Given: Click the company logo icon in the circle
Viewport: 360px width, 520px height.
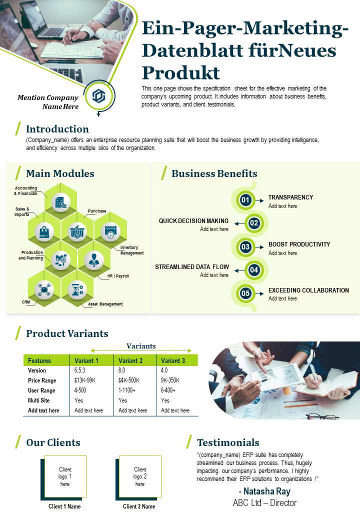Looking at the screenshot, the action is (x=99, y=96).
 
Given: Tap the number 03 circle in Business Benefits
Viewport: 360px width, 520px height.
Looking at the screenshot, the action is (x=245, y=246).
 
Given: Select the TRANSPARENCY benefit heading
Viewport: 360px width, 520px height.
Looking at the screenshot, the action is (x=290, y=197).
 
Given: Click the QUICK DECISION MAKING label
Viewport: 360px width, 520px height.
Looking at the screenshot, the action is (x=193, y=221).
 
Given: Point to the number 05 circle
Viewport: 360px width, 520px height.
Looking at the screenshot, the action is (x=245, y=293).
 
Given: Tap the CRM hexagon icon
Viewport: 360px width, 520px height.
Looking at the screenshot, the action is (x=44, y=289).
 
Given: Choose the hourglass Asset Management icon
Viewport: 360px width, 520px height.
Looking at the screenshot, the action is (x=77, y=289).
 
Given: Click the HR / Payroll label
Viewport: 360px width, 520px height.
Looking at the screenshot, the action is (x=118, y=276).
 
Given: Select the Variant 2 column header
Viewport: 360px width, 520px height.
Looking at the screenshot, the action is (x=130, y=361).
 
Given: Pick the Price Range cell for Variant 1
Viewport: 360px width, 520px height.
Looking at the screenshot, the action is (x=85, y=380).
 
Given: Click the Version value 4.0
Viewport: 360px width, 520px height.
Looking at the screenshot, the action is (x=164, y=370).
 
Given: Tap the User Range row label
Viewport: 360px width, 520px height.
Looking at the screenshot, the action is (x=41, y=390).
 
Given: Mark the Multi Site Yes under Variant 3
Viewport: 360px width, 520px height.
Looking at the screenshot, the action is (x=165, y=400).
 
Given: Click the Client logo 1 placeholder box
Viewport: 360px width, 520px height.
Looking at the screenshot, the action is (x=65, y=476).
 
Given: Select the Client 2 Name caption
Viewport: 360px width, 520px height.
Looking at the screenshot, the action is (x=139, y=506).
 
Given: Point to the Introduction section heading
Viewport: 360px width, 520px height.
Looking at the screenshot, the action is (x=57, y=129).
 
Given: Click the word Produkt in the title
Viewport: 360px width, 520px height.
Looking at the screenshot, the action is (x=181, y=73).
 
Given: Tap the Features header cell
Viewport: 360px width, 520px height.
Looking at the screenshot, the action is (x=39, y=361).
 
